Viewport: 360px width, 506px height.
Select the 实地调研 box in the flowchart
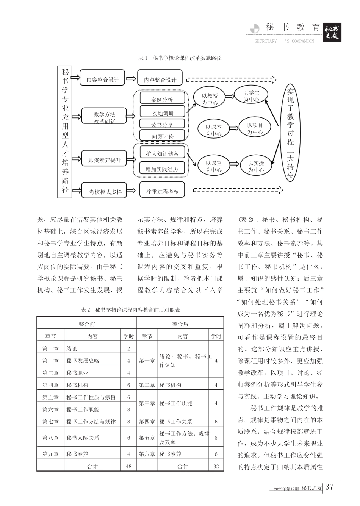coord(163,112)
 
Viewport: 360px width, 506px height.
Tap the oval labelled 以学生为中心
coord(251,96)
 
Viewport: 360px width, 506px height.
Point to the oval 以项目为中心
coord(255,128)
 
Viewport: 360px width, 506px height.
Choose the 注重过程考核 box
coord(162,192)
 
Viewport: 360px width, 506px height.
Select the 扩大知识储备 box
coord(162,153)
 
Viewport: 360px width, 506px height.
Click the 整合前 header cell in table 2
coord(87,324)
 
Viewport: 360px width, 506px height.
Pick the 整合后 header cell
coord(180,324)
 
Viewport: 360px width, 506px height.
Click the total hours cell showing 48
coord(128,466)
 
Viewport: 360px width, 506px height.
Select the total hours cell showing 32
coord(216,466)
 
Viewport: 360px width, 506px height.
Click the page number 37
coord(329,487)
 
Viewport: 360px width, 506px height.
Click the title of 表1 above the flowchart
coord(180,58)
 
